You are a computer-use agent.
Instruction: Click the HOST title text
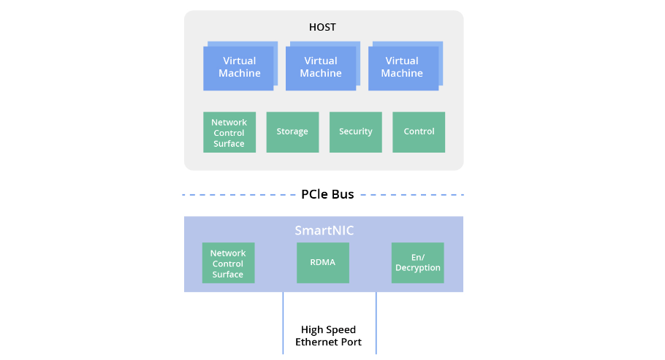[x=322, y=28]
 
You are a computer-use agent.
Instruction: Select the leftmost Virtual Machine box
[x=239, y=67]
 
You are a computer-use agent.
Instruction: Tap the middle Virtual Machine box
[x=320, y=67]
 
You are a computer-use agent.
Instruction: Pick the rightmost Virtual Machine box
[x=402, y=67]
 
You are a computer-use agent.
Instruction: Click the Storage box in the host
[x=292, y=132]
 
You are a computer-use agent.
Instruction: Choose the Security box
[x=356, y=132]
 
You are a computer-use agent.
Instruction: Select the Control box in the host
[x=419, y=132]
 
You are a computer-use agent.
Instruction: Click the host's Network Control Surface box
[x=229, y=132]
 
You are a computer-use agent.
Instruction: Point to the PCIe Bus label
[x=327, y=194]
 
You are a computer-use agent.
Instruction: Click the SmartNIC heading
[x=324, y=231]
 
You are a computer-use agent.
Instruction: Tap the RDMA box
[x=322, y=262]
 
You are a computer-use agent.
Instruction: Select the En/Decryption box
[x=418, y=262]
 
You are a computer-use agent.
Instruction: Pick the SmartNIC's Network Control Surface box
[x=228, y=263]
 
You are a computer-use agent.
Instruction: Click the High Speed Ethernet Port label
[x=328, y=336]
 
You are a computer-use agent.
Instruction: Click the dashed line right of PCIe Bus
[x=413, y=195]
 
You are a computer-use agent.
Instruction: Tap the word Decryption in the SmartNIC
[x=418, y=268]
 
